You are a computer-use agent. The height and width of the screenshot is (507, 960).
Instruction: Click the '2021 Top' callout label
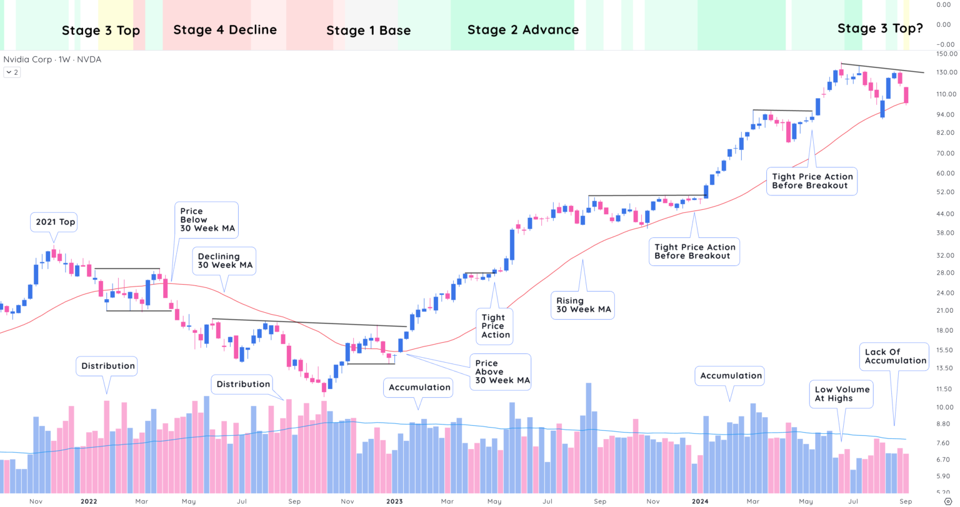click(55, 222)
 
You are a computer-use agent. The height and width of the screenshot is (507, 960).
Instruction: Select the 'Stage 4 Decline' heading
click(225, 30)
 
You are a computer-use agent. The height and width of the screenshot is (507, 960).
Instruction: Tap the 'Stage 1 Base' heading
click(368, 31)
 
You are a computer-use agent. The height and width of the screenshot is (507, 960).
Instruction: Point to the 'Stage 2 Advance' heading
click(523, 30)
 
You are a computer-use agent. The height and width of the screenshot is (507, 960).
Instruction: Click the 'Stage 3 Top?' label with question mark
click(880, 28)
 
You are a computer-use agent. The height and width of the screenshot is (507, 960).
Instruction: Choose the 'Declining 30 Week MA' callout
click(225, 260)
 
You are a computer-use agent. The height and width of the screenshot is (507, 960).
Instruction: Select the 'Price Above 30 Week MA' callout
click(502, 372)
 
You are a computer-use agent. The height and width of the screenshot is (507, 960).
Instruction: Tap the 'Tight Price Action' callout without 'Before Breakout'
click(495, 326)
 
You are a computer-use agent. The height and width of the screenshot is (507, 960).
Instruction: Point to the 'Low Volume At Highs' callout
click(842, 393)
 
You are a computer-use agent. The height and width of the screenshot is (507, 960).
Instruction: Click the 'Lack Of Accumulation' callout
click(895, 356)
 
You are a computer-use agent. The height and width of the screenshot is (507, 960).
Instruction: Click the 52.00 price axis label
click(945, 192)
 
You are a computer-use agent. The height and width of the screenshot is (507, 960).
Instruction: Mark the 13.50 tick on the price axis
click(945, 368)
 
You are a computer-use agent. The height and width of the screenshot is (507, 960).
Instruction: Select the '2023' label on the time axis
click(394, 501)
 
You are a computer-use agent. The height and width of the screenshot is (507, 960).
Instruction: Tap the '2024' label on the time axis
click(700, 501)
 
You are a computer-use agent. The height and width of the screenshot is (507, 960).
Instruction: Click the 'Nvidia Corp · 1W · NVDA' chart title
click(52, 59)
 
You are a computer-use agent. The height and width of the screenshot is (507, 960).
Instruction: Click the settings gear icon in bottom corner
click(947, 501)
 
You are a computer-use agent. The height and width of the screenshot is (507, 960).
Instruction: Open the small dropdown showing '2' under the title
click(12, 72)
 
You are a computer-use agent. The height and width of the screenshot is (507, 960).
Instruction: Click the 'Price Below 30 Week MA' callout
click(207, 220)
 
